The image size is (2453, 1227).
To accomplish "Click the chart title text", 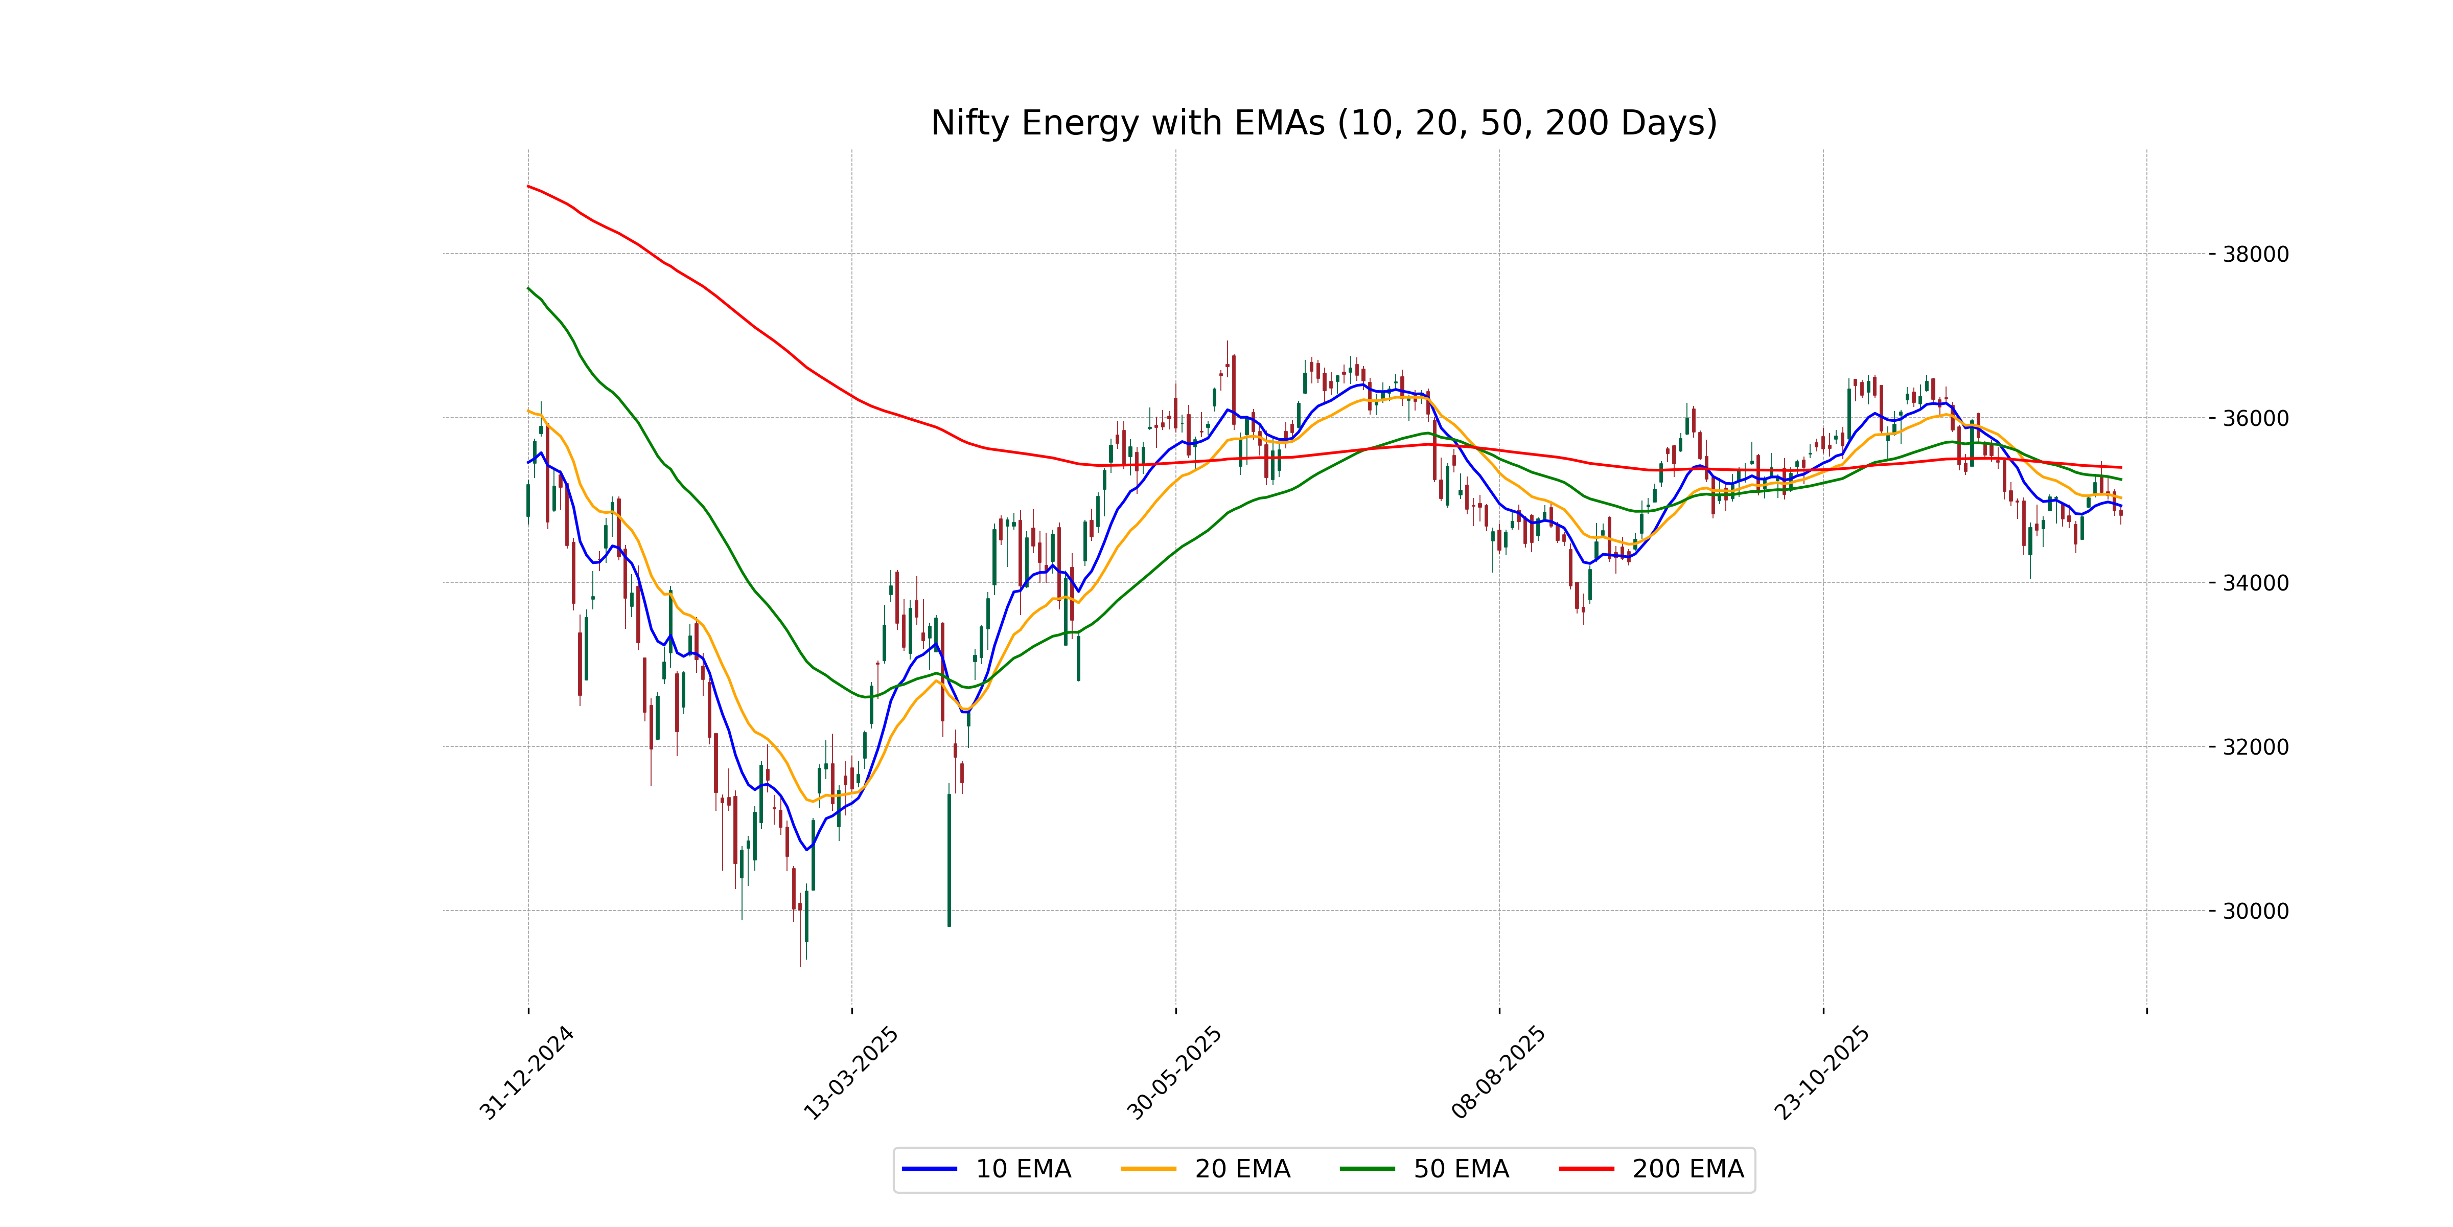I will coord(1324,123).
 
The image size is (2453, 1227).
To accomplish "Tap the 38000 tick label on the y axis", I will coord(2254,255).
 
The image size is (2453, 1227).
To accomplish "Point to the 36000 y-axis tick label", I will coord(2254,418).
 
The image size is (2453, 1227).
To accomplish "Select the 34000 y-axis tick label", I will coord(2254,583).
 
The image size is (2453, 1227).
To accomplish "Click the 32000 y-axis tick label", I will coord(2254,747).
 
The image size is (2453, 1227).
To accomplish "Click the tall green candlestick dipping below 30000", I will coord(948,857).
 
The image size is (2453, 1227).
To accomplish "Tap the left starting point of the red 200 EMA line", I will coord(528,187).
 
